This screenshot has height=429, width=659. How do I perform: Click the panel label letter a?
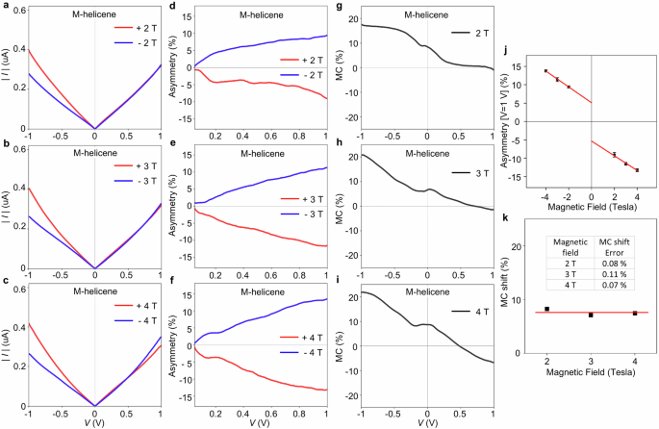tap(6, 8)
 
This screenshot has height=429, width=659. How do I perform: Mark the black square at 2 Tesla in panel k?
tap(547, 363)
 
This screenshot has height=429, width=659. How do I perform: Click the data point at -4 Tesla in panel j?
tap(545, 71)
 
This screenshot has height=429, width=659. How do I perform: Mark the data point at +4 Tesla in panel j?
tap(637, 170)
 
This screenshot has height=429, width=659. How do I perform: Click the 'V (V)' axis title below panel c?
tap(94, 421)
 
